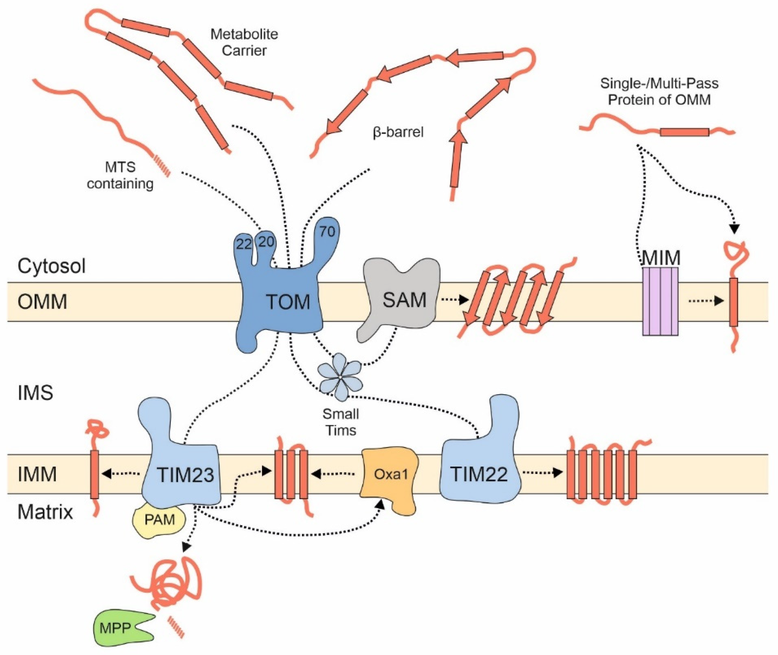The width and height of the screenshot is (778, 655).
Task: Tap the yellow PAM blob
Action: click(159, 520)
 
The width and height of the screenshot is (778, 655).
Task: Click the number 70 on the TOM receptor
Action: click(327, 232)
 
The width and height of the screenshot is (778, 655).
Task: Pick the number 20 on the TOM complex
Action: click(266, 242)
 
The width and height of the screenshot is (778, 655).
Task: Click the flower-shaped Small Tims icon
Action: click(340, 377)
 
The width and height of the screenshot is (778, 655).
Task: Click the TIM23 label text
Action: click(185, 475)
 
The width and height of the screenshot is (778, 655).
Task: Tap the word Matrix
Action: click(45, 512)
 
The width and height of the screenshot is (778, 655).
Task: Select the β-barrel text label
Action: click(398, 132)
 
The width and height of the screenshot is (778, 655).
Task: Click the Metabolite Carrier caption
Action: click(244, 42)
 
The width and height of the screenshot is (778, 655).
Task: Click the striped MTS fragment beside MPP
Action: click(176, 627)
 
